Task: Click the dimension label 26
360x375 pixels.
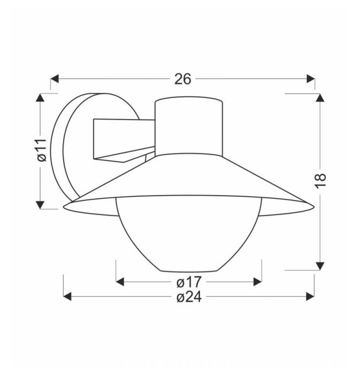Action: pyautogui.click(x=183, y=79)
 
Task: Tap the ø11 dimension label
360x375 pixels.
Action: pyautogui.click(x=42, y=150)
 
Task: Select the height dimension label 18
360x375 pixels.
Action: pyautogui.click(x=320, y=181)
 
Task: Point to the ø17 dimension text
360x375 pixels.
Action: pyautogui.click(x=189, y=282)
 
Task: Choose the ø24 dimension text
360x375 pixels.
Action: pyautogui.click(x=189, y=297)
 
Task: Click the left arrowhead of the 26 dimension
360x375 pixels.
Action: pyautogui.click(x=54, y=79)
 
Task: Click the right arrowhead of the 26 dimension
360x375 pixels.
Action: pyautogui.click(x=311, y=79)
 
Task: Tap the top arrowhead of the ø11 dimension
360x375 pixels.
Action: pyautogui.click(x=40, y=97)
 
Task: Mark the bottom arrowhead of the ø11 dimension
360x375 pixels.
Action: pyautogui.click(x=40, y=205)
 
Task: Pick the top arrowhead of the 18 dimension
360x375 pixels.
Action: pyautogui.click(x=320, y=97)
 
